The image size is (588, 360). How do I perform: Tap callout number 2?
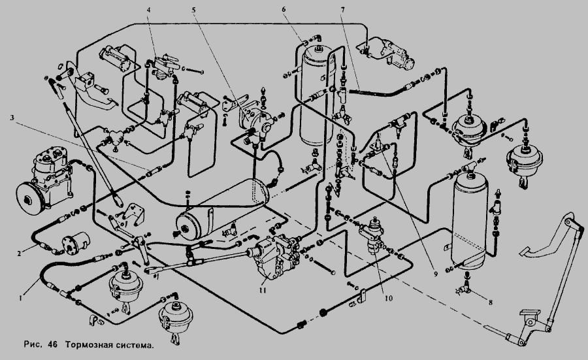(20, 250)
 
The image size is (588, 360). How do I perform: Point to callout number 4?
(149, 10)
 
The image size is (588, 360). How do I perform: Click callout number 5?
(194, 10)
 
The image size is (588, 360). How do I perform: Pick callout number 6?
(302, 10)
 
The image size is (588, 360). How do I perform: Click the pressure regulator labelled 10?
(372, 234)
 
